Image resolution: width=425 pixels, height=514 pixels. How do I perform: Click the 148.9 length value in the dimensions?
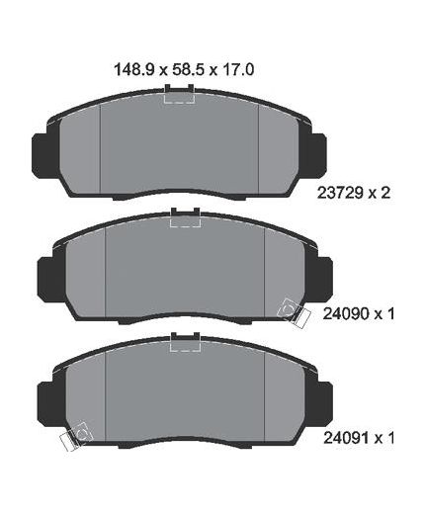click(x=133, y=70)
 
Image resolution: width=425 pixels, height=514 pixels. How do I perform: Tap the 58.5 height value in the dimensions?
click(x=186, y=70)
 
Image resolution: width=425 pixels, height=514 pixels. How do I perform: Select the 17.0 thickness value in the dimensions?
click(x=236, y=70)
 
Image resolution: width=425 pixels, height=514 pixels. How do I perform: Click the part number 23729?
click(x=340, y=193)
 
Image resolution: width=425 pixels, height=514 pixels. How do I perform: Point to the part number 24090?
click(x=346, y=314)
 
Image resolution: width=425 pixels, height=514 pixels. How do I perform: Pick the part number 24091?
click(x=346, y=438)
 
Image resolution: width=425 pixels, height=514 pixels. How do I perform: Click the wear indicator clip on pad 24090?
click(x=294, y=312)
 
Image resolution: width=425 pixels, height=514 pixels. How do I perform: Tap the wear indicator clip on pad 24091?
click(x=73, y=437)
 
